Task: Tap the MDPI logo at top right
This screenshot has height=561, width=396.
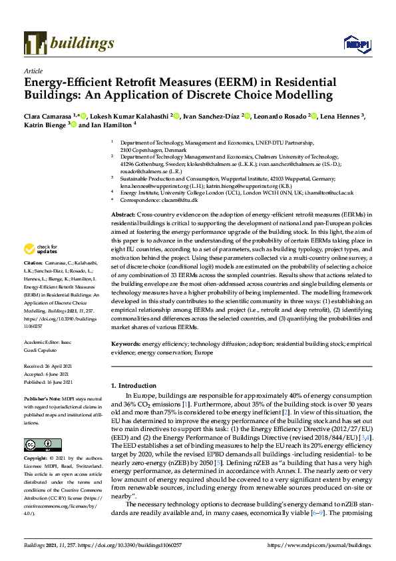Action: click(x=356, y=44)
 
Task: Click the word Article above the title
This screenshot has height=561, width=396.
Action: click(x=33, y=70)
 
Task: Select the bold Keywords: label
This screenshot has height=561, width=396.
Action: click(x=126, y=344)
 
